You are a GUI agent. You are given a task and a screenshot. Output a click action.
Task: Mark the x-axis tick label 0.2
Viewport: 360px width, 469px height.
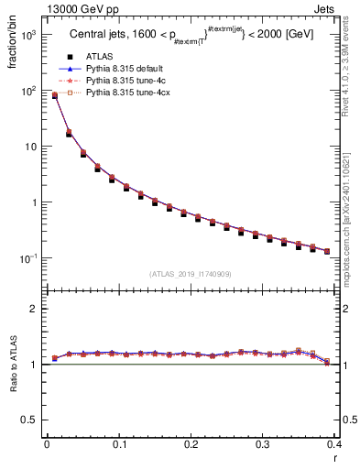pos(191,445)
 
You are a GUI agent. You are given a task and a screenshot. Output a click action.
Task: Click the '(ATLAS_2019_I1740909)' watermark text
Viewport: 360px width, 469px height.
pos(190,274)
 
